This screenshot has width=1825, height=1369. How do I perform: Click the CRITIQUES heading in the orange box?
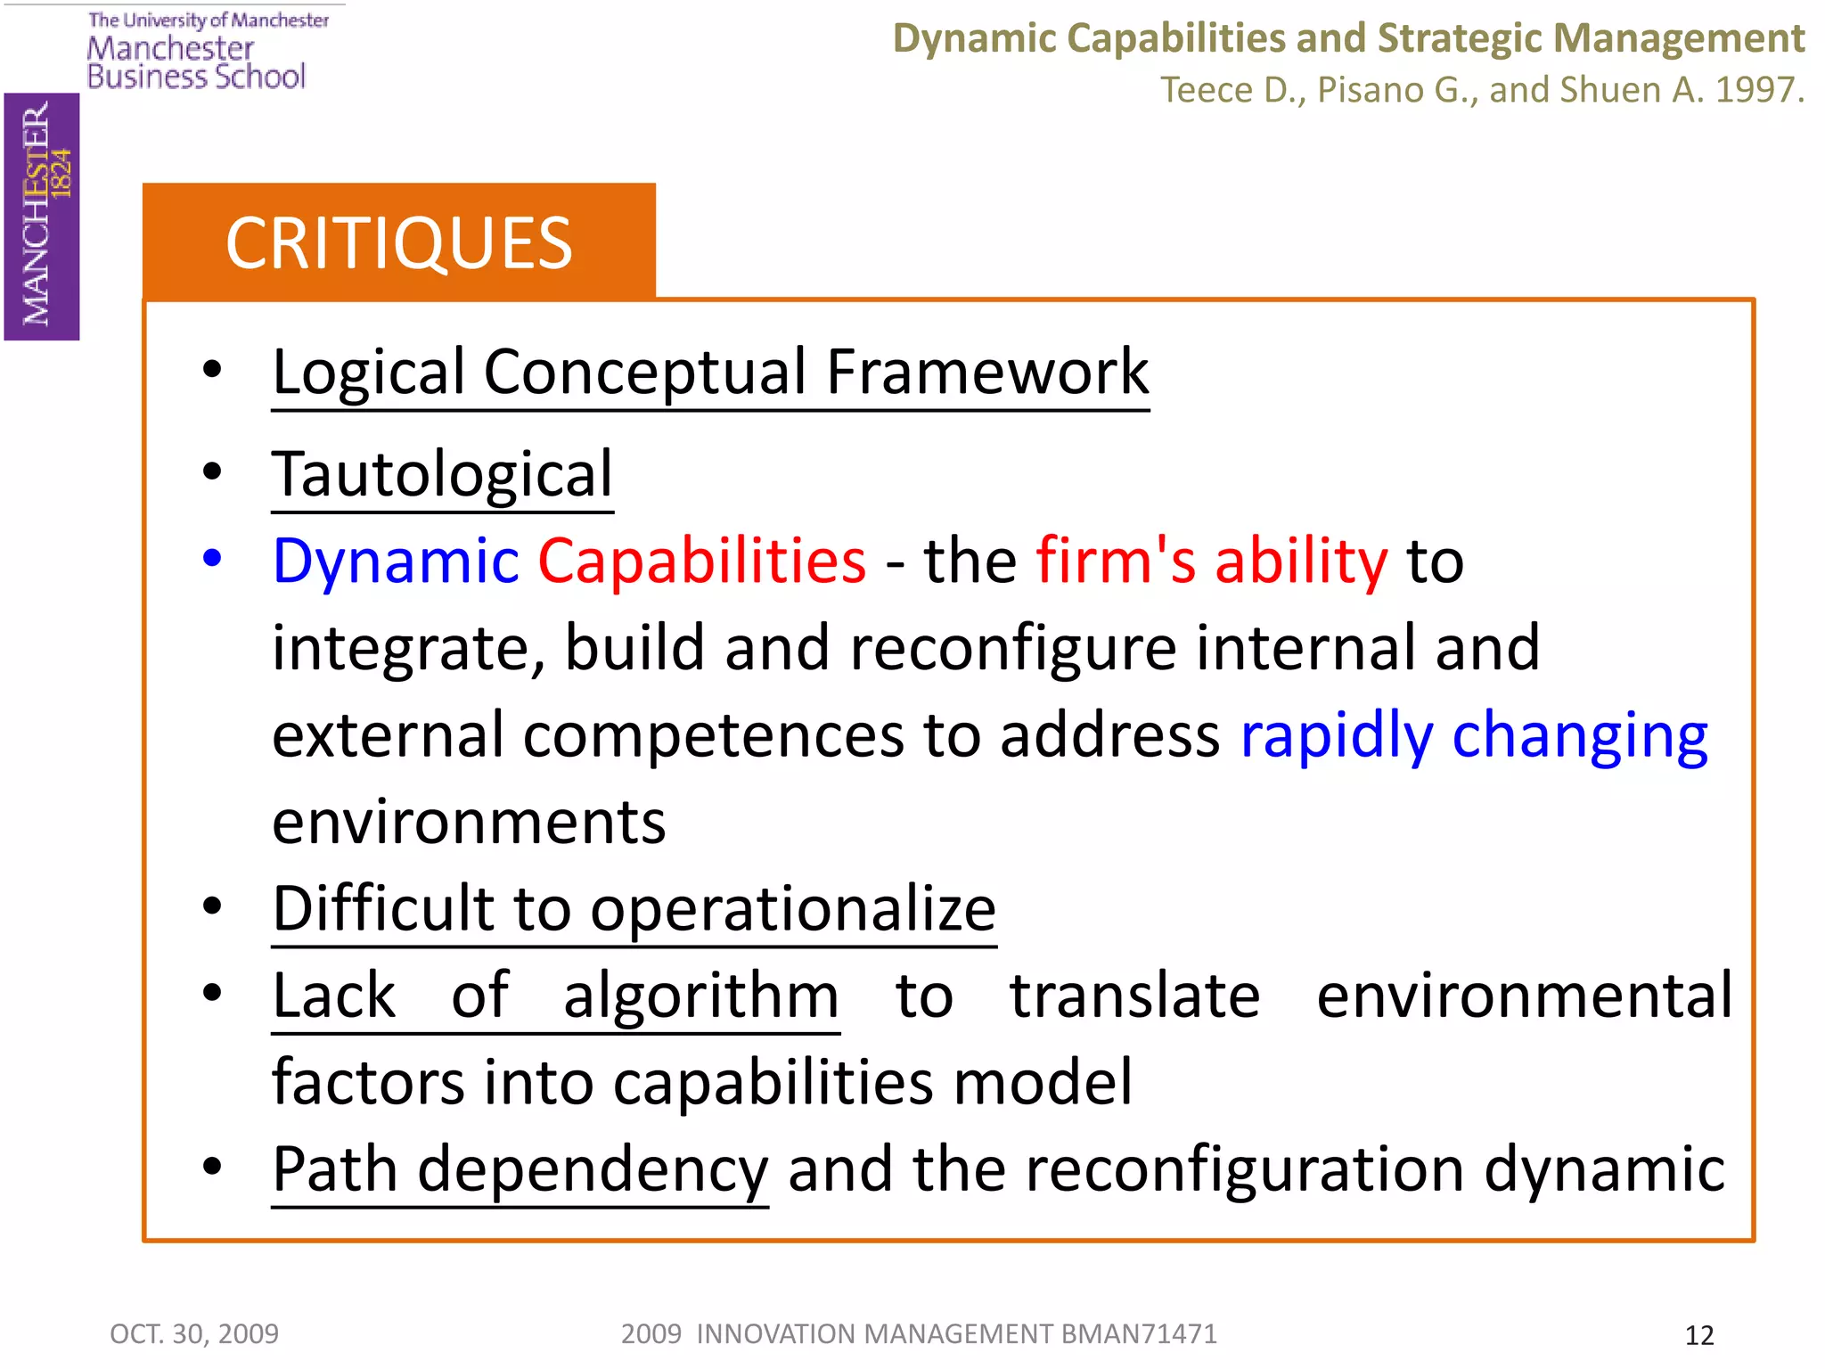[398, 243]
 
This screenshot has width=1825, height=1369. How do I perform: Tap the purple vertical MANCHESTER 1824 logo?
[42, 217]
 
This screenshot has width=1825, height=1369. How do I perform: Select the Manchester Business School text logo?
[197, 62]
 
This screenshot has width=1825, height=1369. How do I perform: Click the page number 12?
[1698, 1335]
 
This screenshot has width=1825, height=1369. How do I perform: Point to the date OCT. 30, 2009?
[194, 1333]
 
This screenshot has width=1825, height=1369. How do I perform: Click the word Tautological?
[443, 474]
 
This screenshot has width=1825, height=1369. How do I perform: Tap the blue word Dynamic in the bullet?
[396, 562]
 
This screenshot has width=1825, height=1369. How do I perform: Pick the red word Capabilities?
[701, 562]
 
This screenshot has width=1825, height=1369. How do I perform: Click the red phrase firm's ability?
[1212, 562]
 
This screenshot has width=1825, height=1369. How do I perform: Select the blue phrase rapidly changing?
[1474, 736]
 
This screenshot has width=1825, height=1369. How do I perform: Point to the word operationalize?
[793, 910]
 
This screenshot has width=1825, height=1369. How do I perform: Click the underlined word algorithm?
[700, 996]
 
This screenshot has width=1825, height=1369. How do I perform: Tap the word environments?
[469, 823]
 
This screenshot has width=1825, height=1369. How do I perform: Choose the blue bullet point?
[212, 559]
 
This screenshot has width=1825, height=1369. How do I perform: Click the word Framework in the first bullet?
[987, 372]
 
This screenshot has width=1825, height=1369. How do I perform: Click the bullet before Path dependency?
[212, 1167]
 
